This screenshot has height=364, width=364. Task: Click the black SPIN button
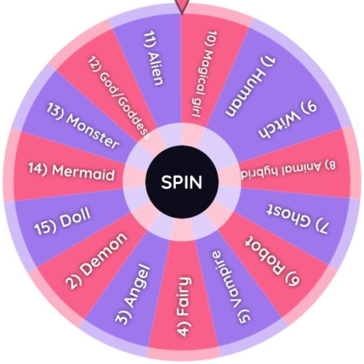[x=182, y=182]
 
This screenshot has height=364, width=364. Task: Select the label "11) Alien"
[x=153, y=58]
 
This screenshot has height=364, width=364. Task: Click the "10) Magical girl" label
[x=204, y=74]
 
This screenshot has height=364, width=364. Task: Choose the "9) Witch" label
[x=288, y=120]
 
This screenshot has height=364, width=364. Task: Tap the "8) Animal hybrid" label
[x=288, y=170]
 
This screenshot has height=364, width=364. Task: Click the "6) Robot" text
[x=272, y=260]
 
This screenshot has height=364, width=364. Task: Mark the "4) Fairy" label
[x=184, y=306]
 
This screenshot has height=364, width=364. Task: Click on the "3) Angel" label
[x=133, y=294]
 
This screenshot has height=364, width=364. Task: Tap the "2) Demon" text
[x=96, y=261]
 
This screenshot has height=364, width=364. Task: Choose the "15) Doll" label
[x=62, y=221]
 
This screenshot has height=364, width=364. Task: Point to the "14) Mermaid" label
[x=72, y=172]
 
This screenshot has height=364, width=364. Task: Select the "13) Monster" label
[x=83, y=126]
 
